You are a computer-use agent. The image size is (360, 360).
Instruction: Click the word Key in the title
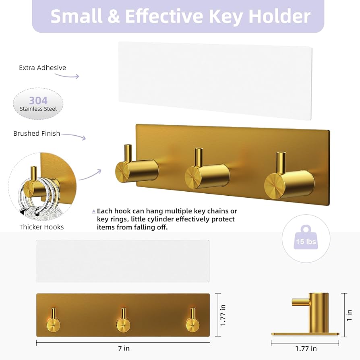coord(223,17)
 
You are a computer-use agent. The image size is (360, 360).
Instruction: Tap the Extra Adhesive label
coord(43,68)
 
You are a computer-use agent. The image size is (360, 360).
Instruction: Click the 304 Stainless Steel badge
coord(38,104)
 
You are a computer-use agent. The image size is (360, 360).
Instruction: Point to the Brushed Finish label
coord(37,133)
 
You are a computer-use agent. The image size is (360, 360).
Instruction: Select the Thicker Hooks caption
coord(41,227)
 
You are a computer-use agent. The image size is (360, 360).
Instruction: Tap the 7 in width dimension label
coord(124,348)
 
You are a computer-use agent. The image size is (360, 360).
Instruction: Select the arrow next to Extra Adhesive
coord(73,76)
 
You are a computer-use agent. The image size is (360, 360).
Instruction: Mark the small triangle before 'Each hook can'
coord(94,211)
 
